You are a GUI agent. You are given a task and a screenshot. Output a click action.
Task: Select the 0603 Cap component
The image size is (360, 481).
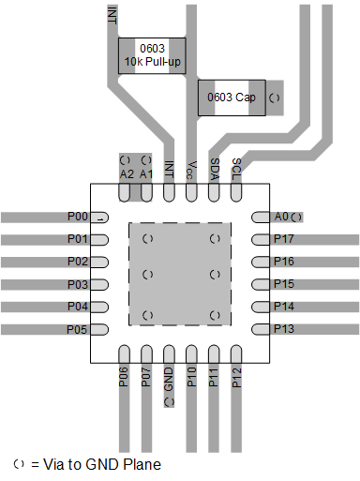(232, 98)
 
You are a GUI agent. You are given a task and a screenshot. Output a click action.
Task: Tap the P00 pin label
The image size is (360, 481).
(78, 217)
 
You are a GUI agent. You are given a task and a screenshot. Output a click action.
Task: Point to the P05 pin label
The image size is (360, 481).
(78, 329)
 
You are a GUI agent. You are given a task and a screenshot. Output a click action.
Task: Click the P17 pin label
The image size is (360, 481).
(283, 239)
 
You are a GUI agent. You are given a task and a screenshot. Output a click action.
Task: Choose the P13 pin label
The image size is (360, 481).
(283, 329)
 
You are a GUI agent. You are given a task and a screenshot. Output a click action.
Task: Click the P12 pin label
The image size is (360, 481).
(237, 377)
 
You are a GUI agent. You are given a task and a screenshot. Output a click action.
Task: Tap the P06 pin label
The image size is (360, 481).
(125, 377)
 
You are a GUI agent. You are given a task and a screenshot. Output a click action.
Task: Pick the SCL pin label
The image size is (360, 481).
(237, 168)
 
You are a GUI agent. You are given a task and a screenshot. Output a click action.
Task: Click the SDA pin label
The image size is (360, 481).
(215, 168)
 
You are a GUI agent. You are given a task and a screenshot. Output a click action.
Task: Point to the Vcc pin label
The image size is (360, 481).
(191, 169)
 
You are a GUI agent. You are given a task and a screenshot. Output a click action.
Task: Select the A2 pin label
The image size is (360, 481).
(126, 173)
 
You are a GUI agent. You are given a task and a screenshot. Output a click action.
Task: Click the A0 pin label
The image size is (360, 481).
(281, 217)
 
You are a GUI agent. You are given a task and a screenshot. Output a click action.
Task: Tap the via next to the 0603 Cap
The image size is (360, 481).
(274, 98)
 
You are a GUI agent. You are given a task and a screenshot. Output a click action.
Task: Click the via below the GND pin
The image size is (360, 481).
(170, 401)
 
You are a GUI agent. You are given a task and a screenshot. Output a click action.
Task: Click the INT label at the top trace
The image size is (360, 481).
(112, 14)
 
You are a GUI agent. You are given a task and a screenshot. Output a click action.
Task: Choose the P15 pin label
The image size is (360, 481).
(283, 284)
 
